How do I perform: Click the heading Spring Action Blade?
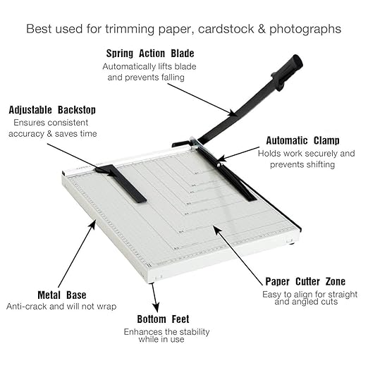coord(150,54)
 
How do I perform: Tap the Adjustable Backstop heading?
coord(52,110)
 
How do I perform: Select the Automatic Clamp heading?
coord(302,140)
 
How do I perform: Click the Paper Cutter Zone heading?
coord(305,281)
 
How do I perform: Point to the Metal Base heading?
coord(62,295)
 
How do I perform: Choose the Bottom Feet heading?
coord(163,319)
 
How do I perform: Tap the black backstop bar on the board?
coord(122,183)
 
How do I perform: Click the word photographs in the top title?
coord(305,30)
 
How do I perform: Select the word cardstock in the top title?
coord(226,29)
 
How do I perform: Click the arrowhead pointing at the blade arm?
coord(233,113)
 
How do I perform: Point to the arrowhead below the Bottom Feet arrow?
coord(156,307)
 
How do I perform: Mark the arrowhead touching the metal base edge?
coord(92,224)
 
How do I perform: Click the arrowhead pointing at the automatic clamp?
coord(221,158)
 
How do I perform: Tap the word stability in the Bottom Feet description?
coord(194,332)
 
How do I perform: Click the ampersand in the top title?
coord(262,29)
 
